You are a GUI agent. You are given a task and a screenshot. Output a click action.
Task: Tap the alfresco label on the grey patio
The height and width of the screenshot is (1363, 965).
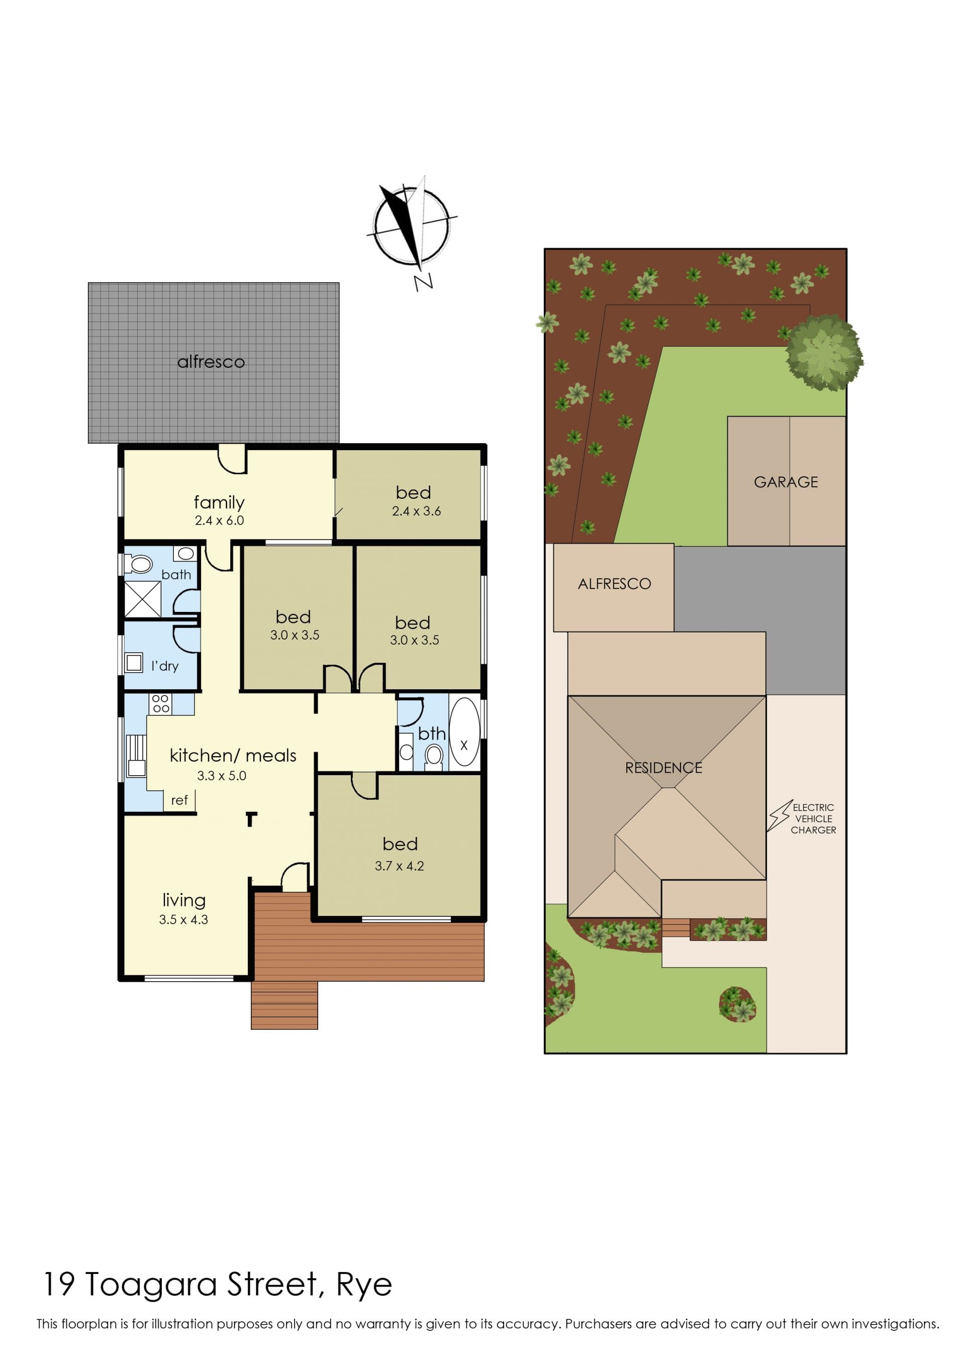[211, 362]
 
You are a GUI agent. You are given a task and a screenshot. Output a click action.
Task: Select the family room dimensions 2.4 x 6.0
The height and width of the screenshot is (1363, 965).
[219, 520]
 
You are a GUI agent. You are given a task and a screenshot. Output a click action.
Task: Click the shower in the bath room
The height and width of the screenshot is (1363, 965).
[142, 599]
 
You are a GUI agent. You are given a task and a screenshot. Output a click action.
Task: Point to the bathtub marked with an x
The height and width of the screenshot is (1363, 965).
[464, 731]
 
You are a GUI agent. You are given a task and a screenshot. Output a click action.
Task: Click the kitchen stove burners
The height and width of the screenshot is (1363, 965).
[160, 704]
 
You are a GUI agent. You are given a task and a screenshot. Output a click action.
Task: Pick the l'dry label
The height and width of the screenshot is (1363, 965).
[164, 666]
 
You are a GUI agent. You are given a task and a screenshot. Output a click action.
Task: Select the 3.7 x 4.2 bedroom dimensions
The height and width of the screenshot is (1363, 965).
[399, 866]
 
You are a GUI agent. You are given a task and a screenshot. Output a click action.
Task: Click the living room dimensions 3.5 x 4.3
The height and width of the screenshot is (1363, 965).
[183, 919]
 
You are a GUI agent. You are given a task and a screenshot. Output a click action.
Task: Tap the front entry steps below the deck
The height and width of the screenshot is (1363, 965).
[284, 1005]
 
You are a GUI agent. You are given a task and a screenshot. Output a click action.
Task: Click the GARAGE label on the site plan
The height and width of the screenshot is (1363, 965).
[786, 482]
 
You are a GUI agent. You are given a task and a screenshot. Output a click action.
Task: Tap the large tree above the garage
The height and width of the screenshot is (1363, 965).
[824, 352]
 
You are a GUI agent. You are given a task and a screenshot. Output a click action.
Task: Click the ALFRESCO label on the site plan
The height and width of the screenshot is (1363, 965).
[614, 584]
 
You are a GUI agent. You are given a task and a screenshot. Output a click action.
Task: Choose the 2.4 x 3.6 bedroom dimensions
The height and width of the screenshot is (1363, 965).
[416, 511]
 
